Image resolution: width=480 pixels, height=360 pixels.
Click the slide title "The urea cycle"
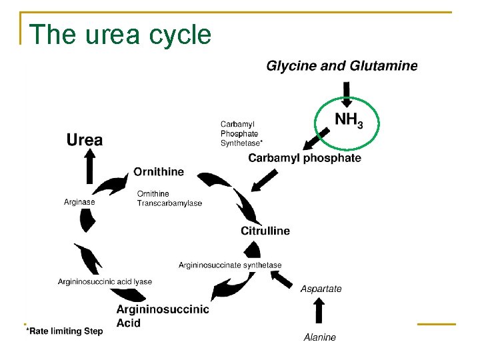point(121,35)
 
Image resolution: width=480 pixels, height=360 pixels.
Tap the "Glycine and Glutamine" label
point(342,66)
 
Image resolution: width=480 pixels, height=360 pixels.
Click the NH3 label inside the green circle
point(348,120)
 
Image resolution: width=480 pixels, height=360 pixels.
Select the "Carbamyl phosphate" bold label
point(305,158)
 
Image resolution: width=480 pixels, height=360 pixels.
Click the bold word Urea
point(85,140)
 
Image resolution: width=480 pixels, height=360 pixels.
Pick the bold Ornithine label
point(159,172)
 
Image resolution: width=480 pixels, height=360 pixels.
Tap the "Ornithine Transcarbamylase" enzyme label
point(169,199)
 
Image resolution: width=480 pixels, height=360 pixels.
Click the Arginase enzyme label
point(79,202)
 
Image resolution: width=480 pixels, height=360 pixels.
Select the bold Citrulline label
point(265,231)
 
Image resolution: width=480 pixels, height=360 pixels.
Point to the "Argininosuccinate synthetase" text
point(230,265)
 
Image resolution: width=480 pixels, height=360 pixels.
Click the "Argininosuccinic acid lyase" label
point(105,282)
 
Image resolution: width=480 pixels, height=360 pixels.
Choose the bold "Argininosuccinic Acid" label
point(162,316)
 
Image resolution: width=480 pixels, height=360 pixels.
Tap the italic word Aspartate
point(321,289)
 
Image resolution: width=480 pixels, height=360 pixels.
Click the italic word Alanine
point(320,337)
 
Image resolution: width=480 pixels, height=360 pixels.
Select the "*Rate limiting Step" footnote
point(64,331)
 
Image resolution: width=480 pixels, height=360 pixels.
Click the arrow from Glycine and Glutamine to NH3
point(347,93)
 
